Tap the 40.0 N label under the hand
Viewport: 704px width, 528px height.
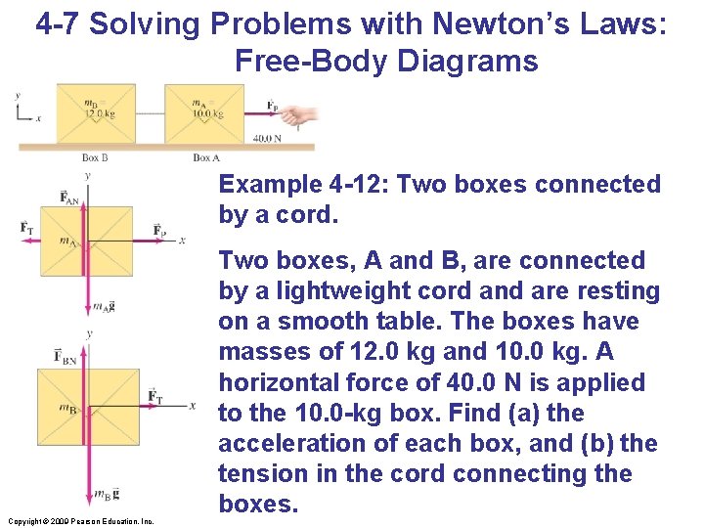[x=267, y=139]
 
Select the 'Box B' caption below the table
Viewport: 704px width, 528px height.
[x=95, y=156]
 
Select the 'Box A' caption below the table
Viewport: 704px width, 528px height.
[x=206, y=156]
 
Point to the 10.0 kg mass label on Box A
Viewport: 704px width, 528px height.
[x=206, y=110]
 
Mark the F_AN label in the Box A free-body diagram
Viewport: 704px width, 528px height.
[x=69, y=198]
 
